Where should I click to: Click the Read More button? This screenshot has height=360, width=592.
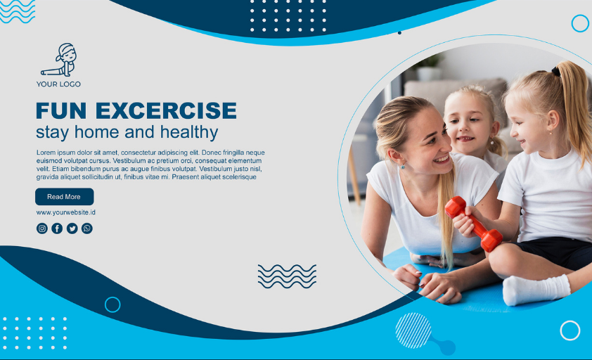click(x=64, y=197)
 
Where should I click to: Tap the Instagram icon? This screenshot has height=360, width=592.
click(x=42, y=229)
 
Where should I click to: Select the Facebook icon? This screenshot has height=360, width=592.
click(x=57, y=229)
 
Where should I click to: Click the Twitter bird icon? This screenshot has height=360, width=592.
click(x=72, y=229)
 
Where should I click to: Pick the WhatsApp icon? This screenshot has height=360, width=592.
click(x=87, y=229)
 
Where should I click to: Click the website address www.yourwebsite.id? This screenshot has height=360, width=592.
click(x=65, y=212)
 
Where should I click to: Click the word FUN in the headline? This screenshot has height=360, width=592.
click(x=61, y=110)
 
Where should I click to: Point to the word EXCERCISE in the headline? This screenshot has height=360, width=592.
click(x=166, y=110)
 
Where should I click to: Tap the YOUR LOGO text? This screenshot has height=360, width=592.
click(x=58, y=84)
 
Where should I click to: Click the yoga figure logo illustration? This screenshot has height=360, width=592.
click(x=60, y=60)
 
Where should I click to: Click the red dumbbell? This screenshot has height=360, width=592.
click(x=474, y=224)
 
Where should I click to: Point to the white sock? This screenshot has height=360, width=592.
click(x=536, y=290)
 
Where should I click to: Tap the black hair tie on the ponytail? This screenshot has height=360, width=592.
click(x=555, y=71)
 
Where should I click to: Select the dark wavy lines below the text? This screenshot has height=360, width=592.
click(x=287, y=276)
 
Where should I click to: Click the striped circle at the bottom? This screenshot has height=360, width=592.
click(x=413, y=330)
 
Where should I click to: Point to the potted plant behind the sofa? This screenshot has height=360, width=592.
click(x=428, y=68)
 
